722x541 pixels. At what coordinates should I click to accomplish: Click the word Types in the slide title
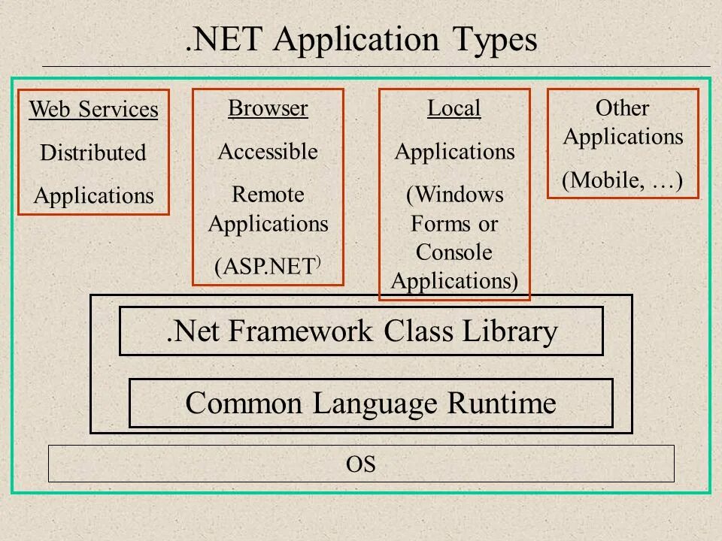coord(494,41)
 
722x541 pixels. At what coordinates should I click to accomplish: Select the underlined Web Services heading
coord(93,110)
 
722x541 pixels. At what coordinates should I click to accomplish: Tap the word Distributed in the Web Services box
coord(93,153)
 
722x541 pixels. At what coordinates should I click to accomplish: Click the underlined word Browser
coord(268,109)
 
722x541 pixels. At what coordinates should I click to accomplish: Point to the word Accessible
coord(268,153)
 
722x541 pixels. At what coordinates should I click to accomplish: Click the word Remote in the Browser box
coord(268,195)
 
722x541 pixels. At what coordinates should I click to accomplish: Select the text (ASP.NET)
coord(268,268)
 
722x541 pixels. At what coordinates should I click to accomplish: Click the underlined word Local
coord(454,109)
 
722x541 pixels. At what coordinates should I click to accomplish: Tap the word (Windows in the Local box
coord(454,195)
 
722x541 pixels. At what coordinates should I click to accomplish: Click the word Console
coord(454,252)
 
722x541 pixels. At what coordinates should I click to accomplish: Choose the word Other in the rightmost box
coord(622,109)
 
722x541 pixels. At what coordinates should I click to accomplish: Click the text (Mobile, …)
coord(622,181)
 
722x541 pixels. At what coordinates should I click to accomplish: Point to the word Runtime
coord(512,403)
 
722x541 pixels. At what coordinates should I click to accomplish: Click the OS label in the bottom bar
coord(361,464)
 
